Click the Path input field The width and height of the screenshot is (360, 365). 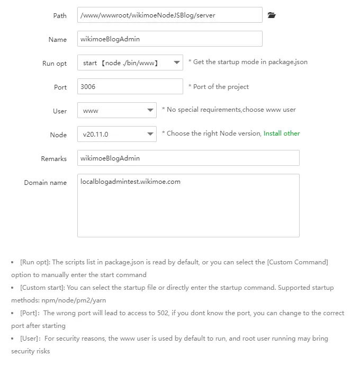169,15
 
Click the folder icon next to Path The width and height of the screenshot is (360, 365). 272,15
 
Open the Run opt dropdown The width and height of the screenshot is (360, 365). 130,63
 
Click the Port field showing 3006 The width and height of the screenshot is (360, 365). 130,86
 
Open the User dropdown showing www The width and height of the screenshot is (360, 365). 116,110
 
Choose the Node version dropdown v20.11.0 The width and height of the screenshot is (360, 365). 116,134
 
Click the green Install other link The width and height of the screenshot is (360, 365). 282,133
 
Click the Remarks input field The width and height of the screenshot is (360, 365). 188,158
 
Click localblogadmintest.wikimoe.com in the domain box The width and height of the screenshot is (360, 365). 130,182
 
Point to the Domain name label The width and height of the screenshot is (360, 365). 46,183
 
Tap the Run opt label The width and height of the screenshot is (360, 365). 55,64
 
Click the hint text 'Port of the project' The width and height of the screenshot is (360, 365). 221,86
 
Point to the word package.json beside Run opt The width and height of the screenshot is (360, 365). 287,62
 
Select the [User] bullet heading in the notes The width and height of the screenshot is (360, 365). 30,339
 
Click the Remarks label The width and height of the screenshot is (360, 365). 54,159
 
